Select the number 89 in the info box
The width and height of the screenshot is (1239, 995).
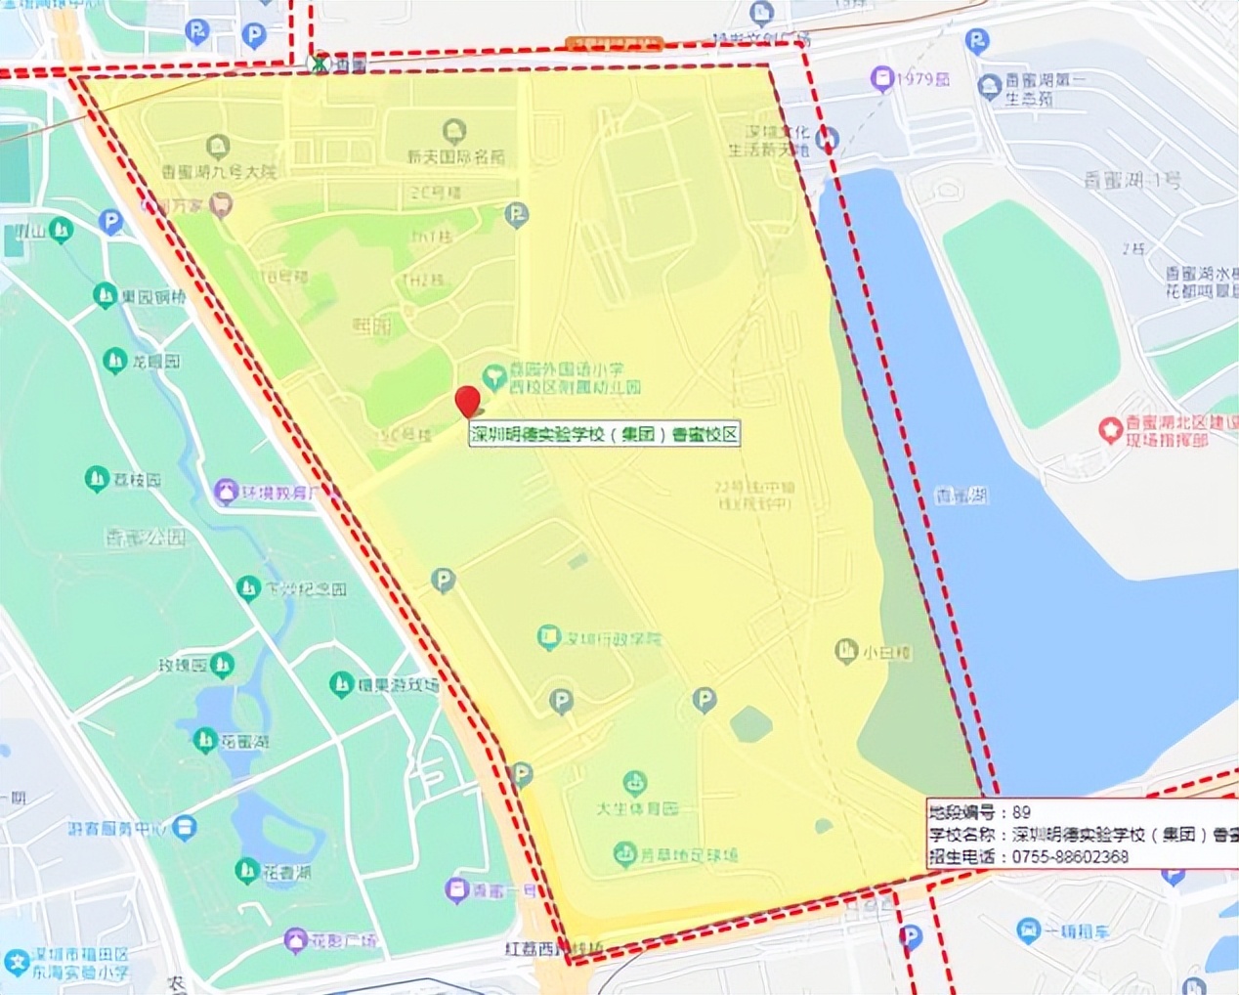(1021, 812)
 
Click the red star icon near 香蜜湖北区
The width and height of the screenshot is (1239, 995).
(1109, 429)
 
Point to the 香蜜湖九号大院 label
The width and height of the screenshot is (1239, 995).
(219, 171)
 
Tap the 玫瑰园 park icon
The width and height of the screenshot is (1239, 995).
(222, 666)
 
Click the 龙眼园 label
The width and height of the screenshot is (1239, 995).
(155, 362)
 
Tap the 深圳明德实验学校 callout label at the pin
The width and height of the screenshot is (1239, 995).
(604, 434)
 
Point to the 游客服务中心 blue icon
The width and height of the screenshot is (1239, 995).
(184, 828)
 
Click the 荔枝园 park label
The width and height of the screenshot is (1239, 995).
(137, 480)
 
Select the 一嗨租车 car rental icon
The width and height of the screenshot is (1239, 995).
(1027, 930)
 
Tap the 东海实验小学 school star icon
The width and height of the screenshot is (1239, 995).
(15, 962)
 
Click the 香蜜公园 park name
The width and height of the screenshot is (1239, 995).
(146, 537)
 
